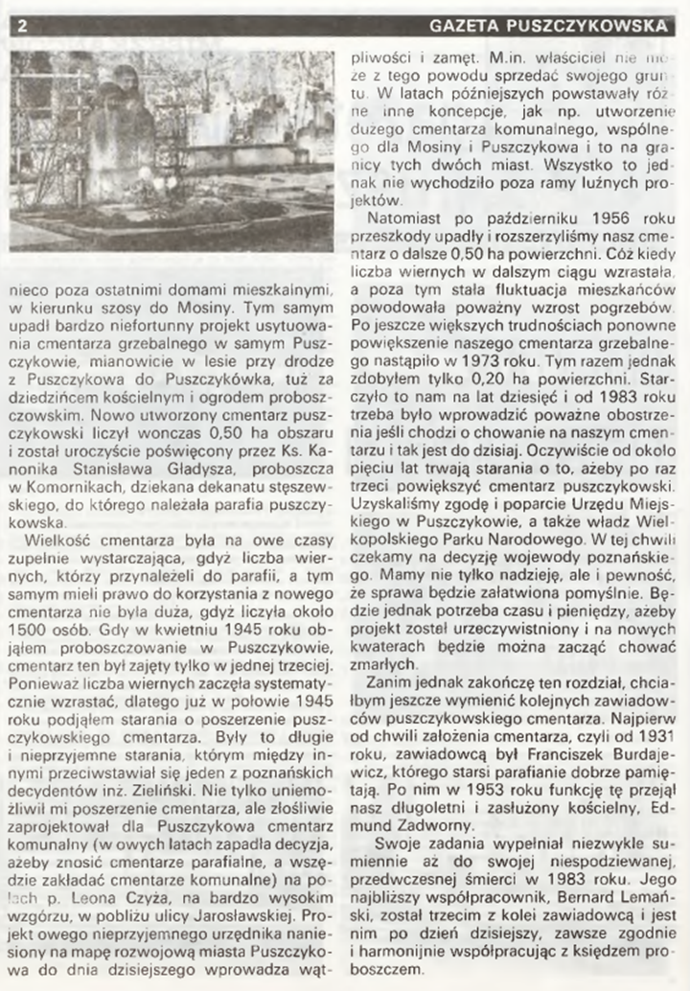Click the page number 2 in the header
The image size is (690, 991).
(21, 26)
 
